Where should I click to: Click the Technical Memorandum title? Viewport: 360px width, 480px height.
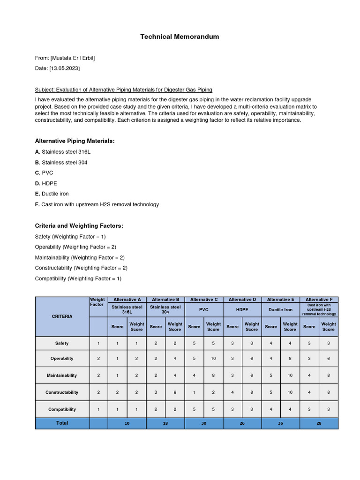point(180,37)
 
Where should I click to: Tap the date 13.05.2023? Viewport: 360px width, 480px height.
point(65,68)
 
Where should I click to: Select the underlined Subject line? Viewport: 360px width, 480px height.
point(123,90)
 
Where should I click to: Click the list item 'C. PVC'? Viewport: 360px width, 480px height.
point(45,173)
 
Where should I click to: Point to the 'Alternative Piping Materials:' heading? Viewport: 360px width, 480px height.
point(75,141)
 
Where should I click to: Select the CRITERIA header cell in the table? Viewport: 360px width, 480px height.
point(62,316)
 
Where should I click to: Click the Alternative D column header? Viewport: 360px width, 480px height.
point(242,300)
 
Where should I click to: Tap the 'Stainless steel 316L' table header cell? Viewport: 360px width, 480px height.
point(127,309)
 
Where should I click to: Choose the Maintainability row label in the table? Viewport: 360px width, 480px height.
point(62,375)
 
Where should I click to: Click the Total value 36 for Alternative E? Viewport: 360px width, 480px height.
point(280,423)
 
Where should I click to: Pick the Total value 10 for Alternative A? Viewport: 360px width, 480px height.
point(127,423)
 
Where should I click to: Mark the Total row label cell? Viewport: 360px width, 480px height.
point(62,423)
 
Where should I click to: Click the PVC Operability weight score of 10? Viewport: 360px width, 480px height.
point(213,359)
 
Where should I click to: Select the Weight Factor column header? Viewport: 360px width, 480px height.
point(97,302)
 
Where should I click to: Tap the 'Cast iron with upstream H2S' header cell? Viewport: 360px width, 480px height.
point(319,309)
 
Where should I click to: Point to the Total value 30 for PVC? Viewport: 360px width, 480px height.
point(203,423)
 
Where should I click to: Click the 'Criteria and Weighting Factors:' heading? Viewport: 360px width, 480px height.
point(79,226)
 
